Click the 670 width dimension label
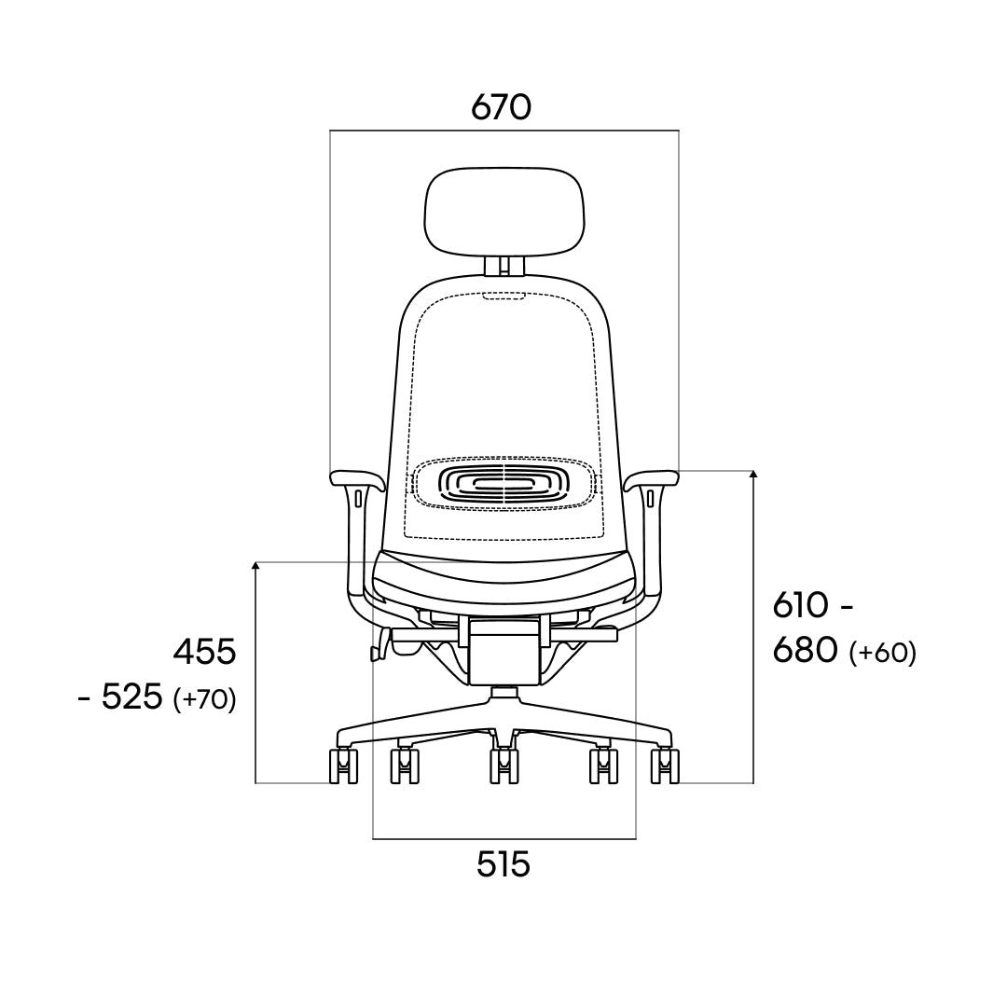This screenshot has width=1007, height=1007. click(x=501, y=107)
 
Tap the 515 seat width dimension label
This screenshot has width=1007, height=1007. click(x=504, y=863)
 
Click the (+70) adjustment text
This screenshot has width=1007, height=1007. click(x=205, y=698)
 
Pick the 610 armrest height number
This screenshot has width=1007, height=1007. click(x=801, y=605)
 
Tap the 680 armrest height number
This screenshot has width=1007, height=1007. click(x=806, y=651)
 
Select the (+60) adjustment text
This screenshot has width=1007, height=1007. click(x=882, y=653)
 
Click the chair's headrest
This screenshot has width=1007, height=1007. click(x=504, y=213)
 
